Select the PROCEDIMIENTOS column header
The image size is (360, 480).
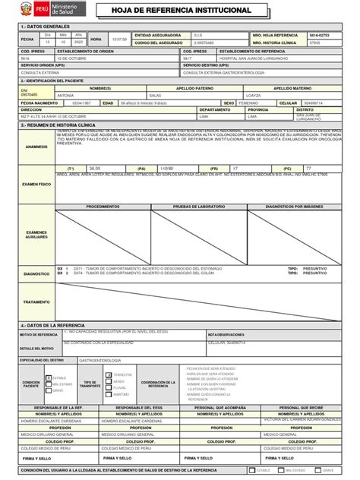tap(102, 207)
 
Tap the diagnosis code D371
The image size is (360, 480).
tap(80, 269)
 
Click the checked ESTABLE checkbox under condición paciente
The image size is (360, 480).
tap(49, 377)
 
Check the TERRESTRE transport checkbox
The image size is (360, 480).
tap(108, 374)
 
